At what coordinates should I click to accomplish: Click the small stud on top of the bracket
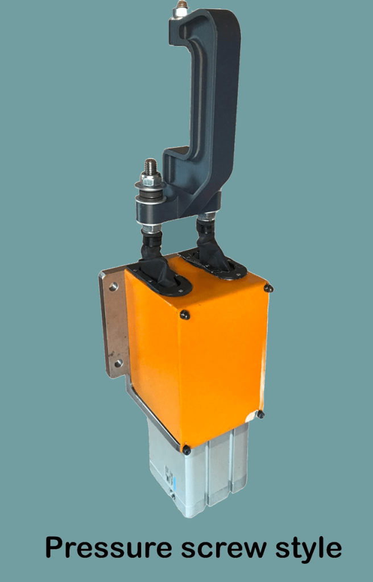[x=182, y=5]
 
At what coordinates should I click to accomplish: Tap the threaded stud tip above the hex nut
[x=150, y=165]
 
